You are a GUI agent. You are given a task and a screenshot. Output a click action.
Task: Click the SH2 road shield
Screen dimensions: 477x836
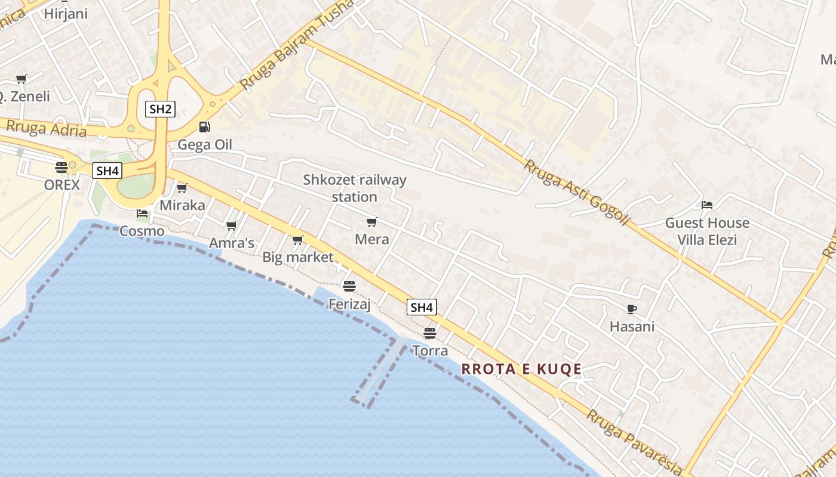[160, 109]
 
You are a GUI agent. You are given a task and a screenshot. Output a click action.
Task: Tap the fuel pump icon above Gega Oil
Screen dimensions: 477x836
[204, 126]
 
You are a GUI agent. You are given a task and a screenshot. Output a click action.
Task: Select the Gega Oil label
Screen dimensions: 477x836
[205, 144]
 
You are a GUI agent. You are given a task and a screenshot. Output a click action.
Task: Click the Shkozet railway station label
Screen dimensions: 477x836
[355, 188]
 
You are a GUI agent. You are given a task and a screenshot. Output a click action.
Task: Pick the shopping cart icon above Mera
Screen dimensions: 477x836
[372, 222]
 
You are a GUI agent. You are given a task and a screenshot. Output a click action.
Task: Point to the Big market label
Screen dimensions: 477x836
[298, 257]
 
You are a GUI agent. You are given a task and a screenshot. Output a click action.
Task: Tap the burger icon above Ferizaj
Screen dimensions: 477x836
[349, 286]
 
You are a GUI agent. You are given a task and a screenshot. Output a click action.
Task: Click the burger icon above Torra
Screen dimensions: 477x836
[430, 333]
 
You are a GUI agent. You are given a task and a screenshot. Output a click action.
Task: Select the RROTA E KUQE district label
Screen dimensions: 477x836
[521, 369]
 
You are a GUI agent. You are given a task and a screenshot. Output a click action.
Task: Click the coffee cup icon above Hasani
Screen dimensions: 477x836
[632, 309]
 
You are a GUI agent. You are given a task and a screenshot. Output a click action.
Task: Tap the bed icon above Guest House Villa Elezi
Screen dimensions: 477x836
[707, 205]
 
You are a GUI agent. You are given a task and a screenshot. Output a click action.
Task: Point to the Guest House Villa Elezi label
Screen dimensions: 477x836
[707, 231]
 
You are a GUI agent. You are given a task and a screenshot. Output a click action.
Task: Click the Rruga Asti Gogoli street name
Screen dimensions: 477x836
[576, 192]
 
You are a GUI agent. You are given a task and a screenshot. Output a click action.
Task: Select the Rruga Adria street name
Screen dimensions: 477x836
[46, 128]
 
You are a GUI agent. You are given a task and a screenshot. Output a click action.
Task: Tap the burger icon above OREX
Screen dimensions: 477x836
[62, 168]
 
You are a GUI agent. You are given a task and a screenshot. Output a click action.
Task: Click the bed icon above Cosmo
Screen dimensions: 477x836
[142, 213]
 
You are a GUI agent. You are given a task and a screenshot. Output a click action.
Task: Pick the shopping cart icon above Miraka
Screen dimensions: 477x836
[182, 188]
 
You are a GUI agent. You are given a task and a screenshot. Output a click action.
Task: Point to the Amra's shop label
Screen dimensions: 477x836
[232, 243]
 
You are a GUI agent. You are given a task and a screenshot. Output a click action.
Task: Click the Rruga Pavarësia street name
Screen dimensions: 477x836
[633, 441]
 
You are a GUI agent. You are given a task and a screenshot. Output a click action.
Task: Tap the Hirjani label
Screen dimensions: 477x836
[66, 14]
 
